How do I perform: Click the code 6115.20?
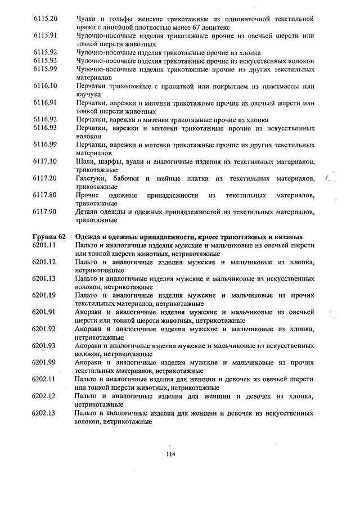coord(46,19)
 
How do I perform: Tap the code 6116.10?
coord(46,86)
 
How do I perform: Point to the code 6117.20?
coord(46,178)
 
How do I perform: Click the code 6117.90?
coord(46,212)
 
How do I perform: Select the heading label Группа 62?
coord(49,237)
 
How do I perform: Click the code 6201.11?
coord(46,246)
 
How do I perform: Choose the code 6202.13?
coord(46,413)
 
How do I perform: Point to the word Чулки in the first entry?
coord(86,19)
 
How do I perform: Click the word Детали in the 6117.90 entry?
coord(88,212)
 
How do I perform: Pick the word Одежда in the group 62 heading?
coord(89,237)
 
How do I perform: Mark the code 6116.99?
coord(46,145)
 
